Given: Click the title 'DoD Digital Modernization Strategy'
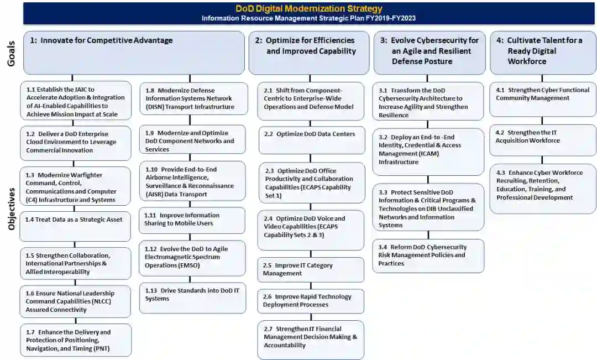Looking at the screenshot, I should pyautogui.click(x=308, y=9).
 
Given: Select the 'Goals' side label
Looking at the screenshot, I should pyautogui.click(x=11, y=53).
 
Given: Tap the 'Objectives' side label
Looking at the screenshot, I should pyautogui.click(x=11, y=207).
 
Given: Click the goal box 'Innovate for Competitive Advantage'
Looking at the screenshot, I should pyautogui.click(x=134, y=53).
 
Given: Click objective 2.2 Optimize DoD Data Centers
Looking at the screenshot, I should pyautogui.click(x=311, y=140).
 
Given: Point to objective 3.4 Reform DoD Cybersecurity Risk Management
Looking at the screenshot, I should pyautogui.click(x=428, y=255).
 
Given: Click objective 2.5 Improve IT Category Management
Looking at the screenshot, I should pyautogui.click(x=311, y=269).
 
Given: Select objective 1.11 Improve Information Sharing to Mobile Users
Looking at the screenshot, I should pyautogui.click(x=192, y=220).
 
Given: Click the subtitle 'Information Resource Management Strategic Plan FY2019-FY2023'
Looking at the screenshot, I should pyautogui.click(x=308, y=18).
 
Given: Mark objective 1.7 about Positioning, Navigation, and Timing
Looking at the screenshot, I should pyautogui.click(x=76, y=340).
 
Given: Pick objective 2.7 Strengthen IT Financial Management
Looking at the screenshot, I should pyautogui.click(x=311, y=338).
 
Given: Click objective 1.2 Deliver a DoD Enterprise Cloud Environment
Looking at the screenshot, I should pyautogui.click(x=76, y=143).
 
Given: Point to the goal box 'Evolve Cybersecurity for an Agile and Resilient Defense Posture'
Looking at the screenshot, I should pyautogui.click(x=428, y=53).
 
